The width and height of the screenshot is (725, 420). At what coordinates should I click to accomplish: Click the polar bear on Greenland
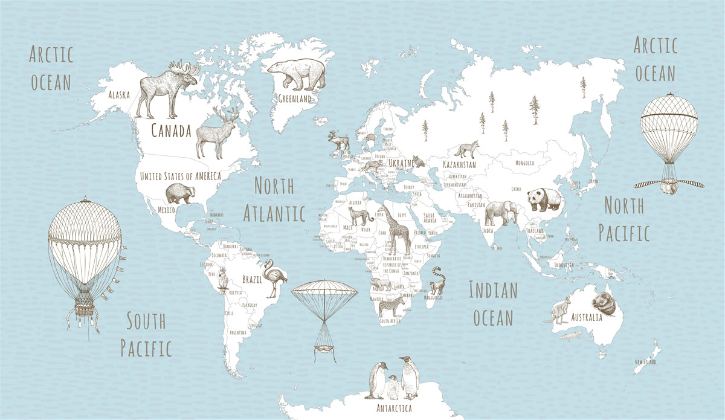tap(297, 74)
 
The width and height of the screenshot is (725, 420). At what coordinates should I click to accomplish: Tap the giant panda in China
tap(544, 199)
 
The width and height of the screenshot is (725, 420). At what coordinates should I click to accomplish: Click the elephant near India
tap(501, 213)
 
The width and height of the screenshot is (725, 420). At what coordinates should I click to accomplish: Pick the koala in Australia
tap(604, 303)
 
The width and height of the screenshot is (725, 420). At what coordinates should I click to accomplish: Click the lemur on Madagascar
tap(437, 281)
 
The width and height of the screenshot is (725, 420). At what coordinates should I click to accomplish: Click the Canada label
tap(171, 131)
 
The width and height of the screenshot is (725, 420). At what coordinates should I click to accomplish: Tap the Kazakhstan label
tap(459, 164)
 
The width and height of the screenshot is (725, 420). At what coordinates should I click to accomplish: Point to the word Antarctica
tap(387, 409)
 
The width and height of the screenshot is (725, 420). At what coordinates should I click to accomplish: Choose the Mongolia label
tap(524, 163)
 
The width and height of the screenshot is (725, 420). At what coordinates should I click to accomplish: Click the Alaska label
tap(119, 94)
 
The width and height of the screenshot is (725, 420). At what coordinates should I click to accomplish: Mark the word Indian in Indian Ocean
tap(493, 291)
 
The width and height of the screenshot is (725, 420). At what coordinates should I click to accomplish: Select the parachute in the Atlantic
tap(324, 293)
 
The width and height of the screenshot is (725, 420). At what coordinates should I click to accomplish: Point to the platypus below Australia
tap(570, 335)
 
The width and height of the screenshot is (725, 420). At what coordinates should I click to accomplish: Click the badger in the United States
tap(180, 194)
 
